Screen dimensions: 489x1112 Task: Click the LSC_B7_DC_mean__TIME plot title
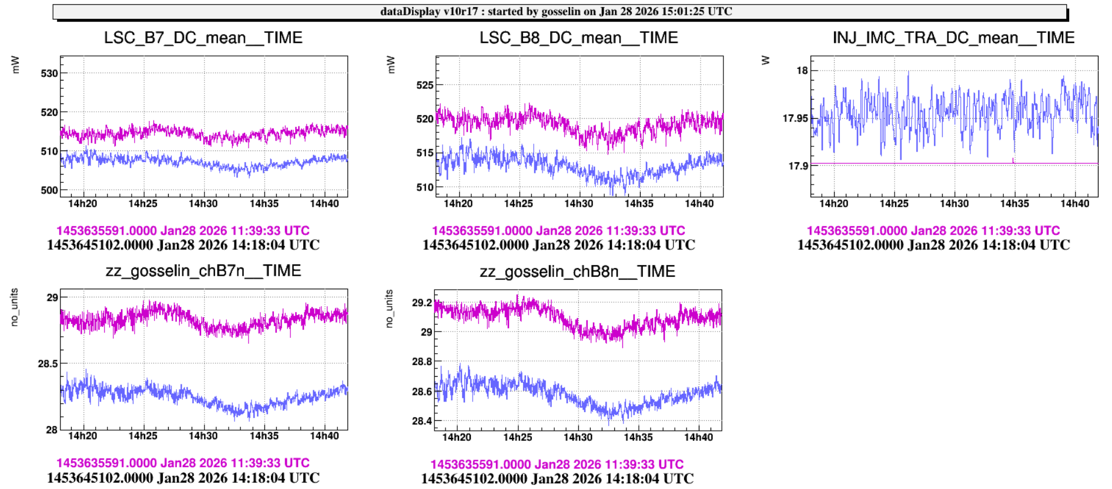203,38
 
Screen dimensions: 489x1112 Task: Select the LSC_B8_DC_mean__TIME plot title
578,38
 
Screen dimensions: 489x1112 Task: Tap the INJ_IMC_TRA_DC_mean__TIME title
953,38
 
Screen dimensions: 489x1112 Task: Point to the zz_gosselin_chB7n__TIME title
203,271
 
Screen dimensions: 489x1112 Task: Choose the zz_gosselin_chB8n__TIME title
577,272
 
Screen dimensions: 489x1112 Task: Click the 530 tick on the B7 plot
49,73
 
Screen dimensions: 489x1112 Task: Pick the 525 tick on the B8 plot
424,85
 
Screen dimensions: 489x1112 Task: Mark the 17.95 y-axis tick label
795,119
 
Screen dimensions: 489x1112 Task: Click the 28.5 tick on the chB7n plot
48,364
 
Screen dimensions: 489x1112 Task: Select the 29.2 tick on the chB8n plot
422,303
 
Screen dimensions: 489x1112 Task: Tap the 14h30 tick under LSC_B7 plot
203,204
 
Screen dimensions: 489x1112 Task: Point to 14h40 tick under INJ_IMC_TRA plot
1074,204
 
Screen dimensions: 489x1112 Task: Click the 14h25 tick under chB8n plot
517,437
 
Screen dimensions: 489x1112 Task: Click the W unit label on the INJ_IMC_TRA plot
765,61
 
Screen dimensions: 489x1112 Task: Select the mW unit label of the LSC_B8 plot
391,65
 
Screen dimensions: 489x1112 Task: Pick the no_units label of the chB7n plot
15,307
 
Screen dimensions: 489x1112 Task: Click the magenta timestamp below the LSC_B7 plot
183,230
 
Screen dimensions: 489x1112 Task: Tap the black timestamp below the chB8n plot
557,479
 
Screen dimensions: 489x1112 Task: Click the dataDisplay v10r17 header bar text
556,11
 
